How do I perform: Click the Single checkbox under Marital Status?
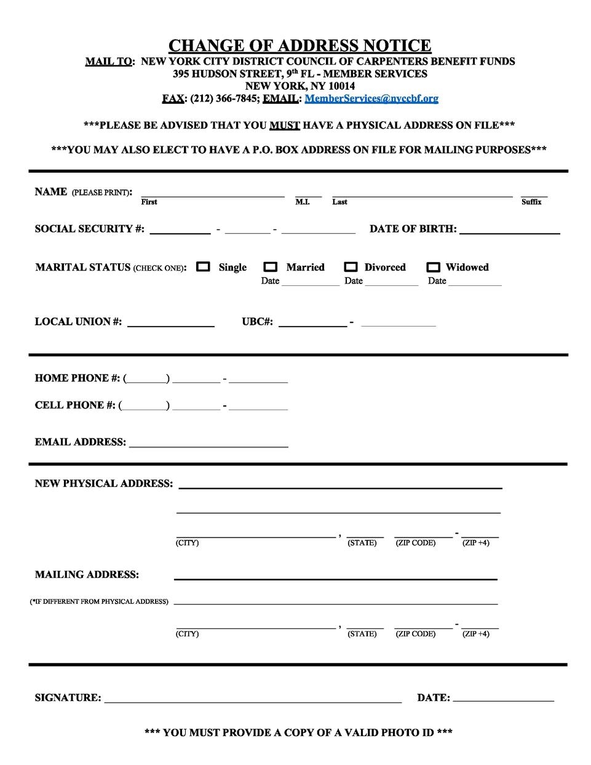click(203, 267)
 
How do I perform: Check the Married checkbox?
click(271, 267)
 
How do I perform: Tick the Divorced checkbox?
click(351, 267)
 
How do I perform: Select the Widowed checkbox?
click(434, 267)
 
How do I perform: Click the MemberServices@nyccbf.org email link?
click(371, 98)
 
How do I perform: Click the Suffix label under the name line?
click(531, 202)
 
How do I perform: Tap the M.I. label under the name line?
click(303, 202)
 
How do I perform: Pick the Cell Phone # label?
click(75, 405)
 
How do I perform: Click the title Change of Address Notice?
click(299, 46)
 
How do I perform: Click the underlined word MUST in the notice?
click(284, 125)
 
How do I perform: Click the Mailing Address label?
click(87, 575)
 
